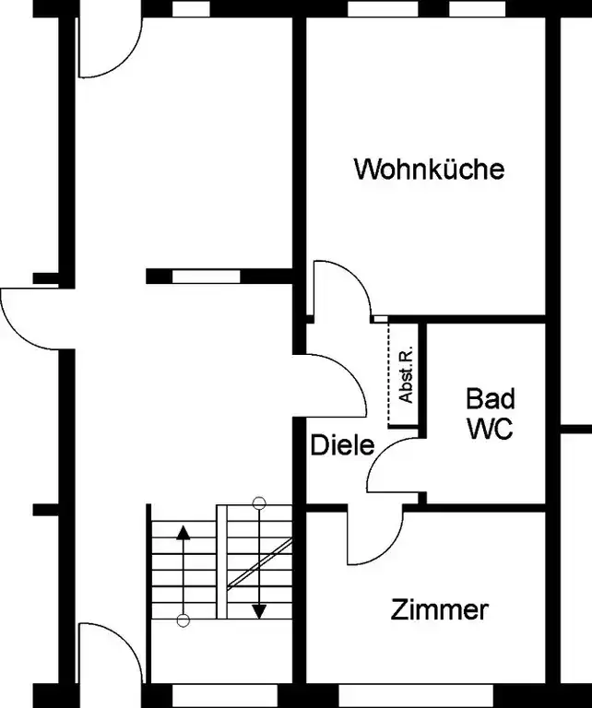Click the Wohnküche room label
point(429,169)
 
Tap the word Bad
point(490,398)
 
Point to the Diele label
point(343,444)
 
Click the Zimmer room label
point(439,609)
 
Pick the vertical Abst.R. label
point(407,374)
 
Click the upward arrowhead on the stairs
point(183,533)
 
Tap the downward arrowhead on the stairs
point(259,612)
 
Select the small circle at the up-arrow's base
point(183,620)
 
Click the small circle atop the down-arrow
point(259,502)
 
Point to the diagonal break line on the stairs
point(260,564)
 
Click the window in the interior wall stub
point(207,277)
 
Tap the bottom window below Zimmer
point(416,696)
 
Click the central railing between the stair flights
point(221,561)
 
